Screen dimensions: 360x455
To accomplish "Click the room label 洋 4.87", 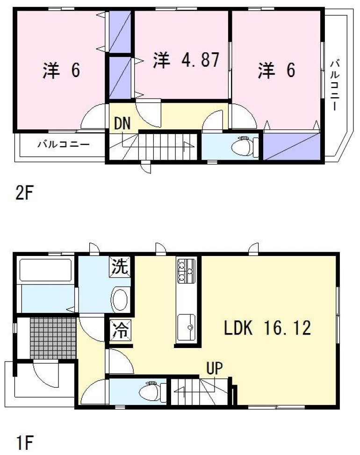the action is coord(186,60).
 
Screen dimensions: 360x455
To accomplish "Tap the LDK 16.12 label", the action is coord(267,328).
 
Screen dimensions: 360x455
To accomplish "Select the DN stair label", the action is coord(122,123).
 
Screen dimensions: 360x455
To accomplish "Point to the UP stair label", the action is coord(215,368).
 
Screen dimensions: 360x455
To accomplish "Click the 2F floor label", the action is coord(25,192).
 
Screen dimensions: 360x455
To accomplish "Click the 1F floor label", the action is coord(25,442).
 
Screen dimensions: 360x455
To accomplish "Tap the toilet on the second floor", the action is coord(245,144).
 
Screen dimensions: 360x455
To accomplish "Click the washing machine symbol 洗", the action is coord(120,267).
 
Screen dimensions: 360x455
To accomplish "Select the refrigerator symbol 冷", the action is coord(120,329).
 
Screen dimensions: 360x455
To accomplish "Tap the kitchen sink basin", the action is coord(186,327).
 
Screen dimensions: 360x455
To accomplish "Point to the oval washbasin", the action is coord(120,299).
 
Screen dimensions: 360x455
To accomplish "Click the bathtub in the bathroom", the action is coord(45,270).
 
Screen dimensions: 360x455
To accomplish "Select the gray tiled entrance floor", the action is coord(53,338).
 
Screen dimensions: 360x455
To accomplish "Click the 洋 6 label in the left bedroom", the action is coord(62,70).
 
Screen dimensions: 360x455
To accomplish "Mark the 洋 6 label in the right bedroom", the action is coord(277,70).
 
